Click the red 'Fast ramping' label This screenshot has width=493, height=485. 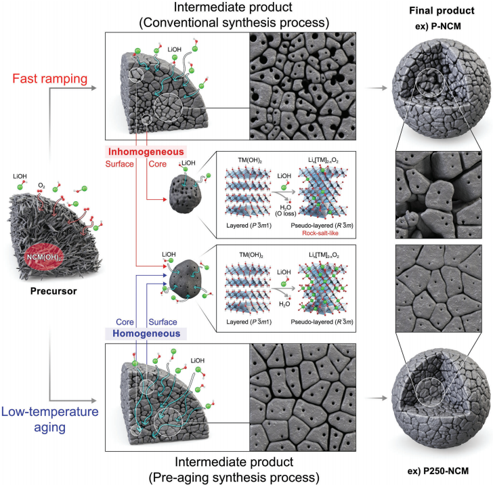49,79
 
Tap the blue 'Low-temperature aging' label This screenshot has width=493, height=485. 49,419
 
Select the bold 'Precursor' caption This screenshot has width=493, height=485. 53,291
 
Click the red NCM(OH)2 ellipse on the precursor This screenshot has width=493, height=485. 44,257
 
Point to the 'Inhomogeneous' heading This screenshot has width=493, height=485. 146,152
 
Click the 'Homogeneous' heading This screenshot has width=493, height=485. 146,333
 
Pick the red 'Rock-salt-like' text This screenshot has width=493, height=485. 320,233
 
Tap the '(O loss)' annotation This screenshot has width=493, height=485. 286,213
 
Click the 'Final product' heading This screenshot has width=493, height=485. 442,11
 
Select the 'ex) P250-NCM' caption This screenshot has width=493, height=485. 438,471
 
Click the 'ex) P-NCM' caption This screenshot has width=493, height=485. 438,26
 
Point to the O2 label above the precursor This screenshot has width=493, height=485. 41,186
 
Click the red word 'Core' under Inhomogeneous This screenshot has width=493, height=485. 158,164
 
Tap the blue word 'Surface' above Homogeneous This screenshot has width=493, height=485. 163,322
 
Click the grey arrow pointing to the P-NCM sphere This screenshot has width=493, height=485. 377,88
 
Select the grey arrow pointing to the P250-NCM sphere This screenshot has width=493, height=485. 377,398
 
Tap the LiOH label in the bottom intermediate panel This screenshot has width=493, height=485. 197,360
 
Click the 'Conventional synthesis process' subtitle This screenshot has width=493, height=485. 234,22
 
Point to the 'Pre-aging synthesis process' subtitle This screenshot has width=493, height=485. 234,478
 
